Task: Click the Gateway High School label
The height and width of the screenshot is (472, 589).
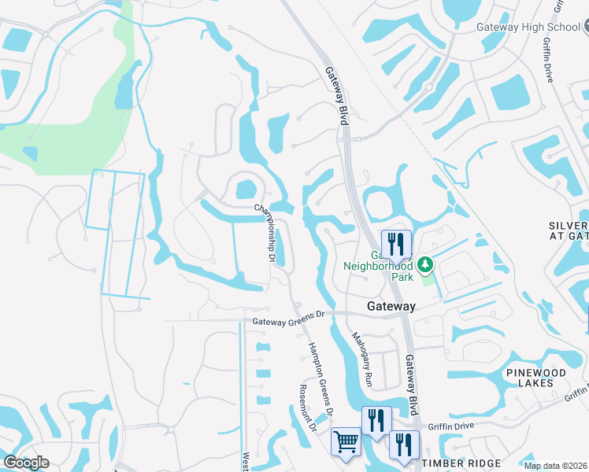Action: (528, 27)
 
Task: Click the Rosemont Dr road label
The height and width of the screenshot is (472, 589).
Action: (307, 412)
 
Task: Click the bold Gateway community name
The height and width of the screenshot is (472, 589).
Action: (391, 306)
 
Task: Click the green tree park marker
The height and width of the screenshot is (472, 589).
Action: (426, 264)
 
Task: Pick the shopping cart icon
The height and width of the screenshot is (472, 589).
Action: (346, 442)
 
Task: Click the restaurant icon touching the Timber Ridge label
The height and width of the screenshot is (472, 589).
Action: (404, 445)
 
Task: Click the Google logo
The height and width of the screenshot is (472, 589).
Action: (27, 463)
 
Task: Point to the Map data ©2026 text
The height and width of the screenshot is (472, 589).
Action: (555, 466)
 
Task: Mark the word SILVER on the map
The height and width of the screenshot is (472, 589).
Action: (568, 226)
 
